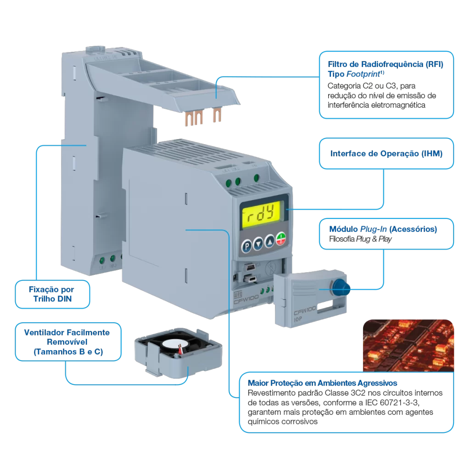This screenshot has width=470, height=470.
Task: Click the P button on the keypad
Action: pos(246,246)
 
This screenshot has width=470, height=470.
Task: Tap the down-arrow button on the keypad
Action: pos(258,244)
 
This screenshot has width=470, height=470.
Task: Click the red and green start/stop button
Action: pos(281,239)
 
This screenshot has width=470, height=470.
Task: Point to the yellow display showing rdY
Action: pos(261,214)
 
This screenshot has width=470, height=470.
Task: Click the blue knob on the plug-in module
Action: pos(341,287)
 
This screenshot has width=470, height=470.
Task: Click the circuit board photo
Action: pos(408,346)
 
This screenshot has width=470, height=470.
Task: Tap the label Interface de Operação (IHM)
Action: pos(386,153)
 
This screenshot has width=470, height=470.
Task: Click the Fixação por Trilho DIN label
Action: pos(52,294)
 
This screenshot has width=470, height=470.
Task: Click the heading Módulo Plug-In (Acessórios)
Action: pos(383,229)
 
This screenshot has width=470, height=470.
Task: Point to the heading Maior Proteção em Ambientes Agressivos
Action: pos(322,383)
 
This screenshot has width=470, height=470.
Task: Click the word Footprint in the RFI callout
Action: pos(363,74)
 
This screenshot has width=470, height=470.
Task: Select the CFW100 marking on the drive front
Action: pos(246,299)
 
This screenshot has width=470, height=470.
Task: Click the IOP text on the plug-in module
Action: pos(297,319)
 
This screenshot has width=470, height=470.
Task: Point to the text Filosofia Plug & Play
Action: pos(360,239)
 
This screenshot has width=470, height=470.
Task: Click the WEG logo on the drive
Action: pos(238,295)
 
